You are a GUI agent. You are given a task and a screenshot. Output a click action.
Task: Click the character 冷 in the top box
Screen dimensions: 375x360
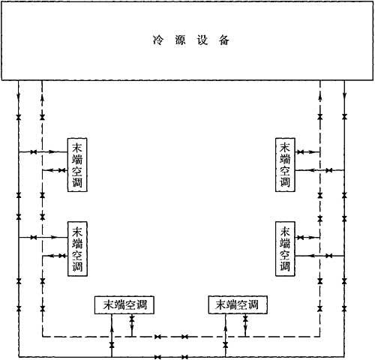[157, 40]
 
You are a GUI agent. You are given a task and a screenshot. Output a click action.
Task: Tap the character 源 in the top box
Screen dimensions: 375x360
[180, 40]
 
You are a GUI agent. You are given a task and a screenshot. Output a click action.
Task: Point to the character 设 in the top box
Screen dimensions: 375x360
[202, 40]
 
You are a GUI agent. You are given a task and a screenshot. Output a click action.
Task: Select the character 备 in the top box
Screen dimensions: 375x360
[224, 40]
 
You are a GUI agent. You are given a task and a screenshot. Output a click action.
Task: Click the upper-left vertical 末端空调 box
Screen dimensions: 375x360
[77, 165]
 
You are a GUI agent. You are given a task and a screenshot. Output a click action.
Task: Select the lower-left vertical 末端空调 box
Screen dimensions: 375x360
[77, 249]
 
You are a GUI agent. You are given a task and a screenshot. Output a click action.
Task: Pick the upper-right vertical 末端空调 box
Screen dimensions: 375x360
[285, 165]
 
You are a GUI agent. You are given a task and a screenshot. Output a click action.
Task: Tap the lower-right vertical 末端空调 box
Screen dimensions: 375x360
[285, 249]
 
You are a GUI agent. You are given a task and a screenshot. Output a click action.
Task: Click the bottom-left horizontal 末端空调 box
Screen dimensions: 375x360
[124, 304]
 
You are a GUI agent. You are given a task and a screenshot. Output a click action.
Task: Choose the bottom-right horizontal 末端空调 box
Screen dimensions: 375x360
[238, 304]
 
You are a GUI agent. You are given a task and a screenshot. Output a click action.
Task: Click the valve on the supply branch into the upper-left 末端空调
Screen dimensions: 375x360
[34, 151]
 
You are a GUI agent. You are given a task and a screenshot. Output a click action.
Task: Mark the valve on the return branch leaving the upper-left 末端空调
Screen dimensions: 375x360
[62, 170]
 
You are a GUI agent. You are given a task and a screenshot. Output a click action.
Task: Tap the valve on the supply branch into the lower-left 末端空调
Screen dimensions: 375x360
[34, 237]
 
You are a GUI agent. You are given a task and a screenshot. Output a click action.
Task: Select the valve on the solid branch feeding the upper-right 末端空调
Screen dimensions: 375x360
[329, 170]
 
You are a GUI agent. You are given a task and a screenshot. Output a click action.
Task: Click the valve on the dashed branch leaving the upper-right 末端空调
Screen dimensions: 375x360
[300, 151]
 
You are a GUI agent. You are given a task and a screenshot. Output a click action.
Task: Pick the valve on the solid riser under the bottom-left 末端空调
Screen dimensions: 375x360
[112, 345]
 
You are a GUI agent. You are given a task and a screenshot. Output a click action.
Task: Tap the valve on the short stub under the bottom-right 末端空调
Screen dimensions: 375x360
[245, 319]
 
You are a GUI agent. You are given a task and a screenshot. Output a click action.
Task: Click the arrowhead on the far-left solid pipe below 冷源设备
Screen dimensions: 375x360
[19, 96]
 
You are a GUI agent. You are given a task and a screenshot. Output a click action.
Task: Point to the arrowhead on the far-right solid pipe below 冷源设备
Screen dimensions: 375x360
[344, 96]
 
